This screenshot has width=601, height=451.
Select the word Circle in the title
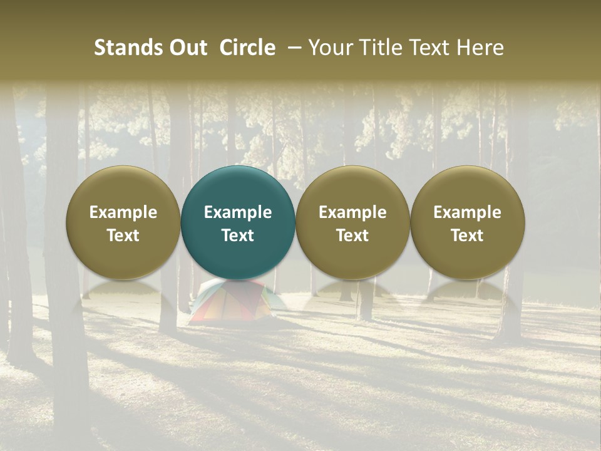click(247, 48)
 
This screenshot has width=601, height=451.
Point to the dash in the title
click(295, 48)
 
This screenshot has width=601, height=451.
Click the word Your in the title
click(328, 48)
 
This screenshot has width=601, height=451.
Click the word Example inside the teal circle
click(238, 212)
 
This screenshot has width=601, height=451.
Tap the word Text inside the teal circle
click(238, 236)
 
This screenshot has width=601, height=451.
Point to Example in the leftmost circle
click(123, 212)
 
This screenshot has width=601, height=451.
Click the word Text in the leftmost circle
click(123, 236)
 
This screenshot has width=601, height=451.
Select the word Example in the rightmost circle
click(468, 212)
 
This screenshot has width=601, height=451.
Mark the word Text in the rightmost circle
click(468, 236)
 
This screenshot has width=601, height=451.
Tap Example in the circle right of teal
click(352, 212)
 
